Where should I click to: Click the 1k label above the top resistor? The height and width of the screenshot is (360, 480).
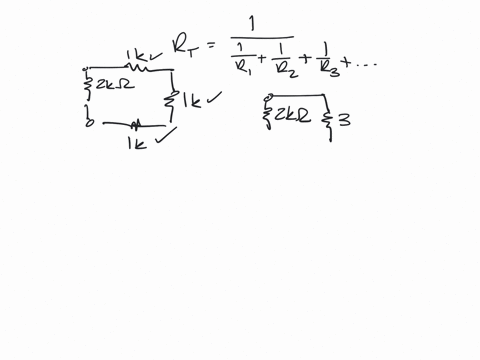point(137,54)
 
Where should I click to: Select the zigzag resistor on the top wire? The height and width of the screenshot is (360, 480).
point(139,69)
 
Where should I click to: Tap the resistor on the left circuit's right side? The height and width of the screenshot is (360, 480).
point(173,100)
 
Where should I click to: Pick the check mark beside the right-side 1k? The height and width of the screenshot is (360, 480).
point(212,97)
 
